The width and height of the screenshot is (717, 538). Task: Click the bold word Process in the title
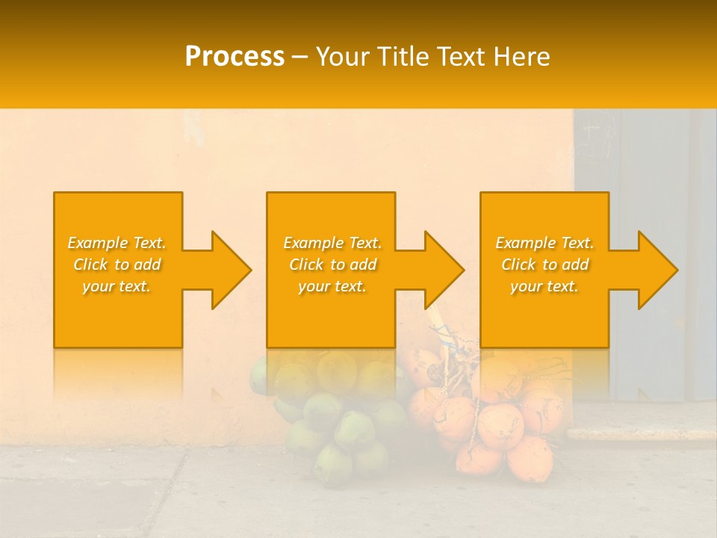click(235, 57)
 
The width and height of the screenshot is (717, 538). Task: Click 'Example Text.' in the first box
click(117, 243)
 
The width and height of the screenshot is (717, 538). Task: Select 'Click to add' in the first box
click(117, 265)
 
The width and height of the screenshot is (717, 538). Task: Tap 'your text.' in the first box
click(117, 286)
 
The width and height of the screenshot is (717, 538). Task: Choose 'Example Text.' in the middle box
click(332, 243)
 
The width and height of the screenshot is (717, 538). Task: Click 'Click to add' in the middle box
click(332, 265)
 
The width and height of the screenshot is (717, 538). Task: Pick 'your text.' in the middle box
click(332, 286)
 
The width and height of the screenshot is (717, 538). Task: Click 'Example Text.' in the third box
click(544, 243)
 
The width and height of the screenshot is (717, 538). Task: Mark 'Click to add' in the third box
click(544, 265)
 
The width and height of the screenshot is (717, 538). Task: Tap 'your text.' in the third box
click(544, 286)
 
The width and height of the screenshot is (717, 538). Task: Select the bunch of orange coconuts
click(493, 426)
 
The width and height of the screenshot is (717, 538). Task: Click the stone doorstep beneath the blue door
click(642, 432)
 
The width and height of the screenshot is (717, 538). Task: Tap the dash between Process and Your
click(300, 58)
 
